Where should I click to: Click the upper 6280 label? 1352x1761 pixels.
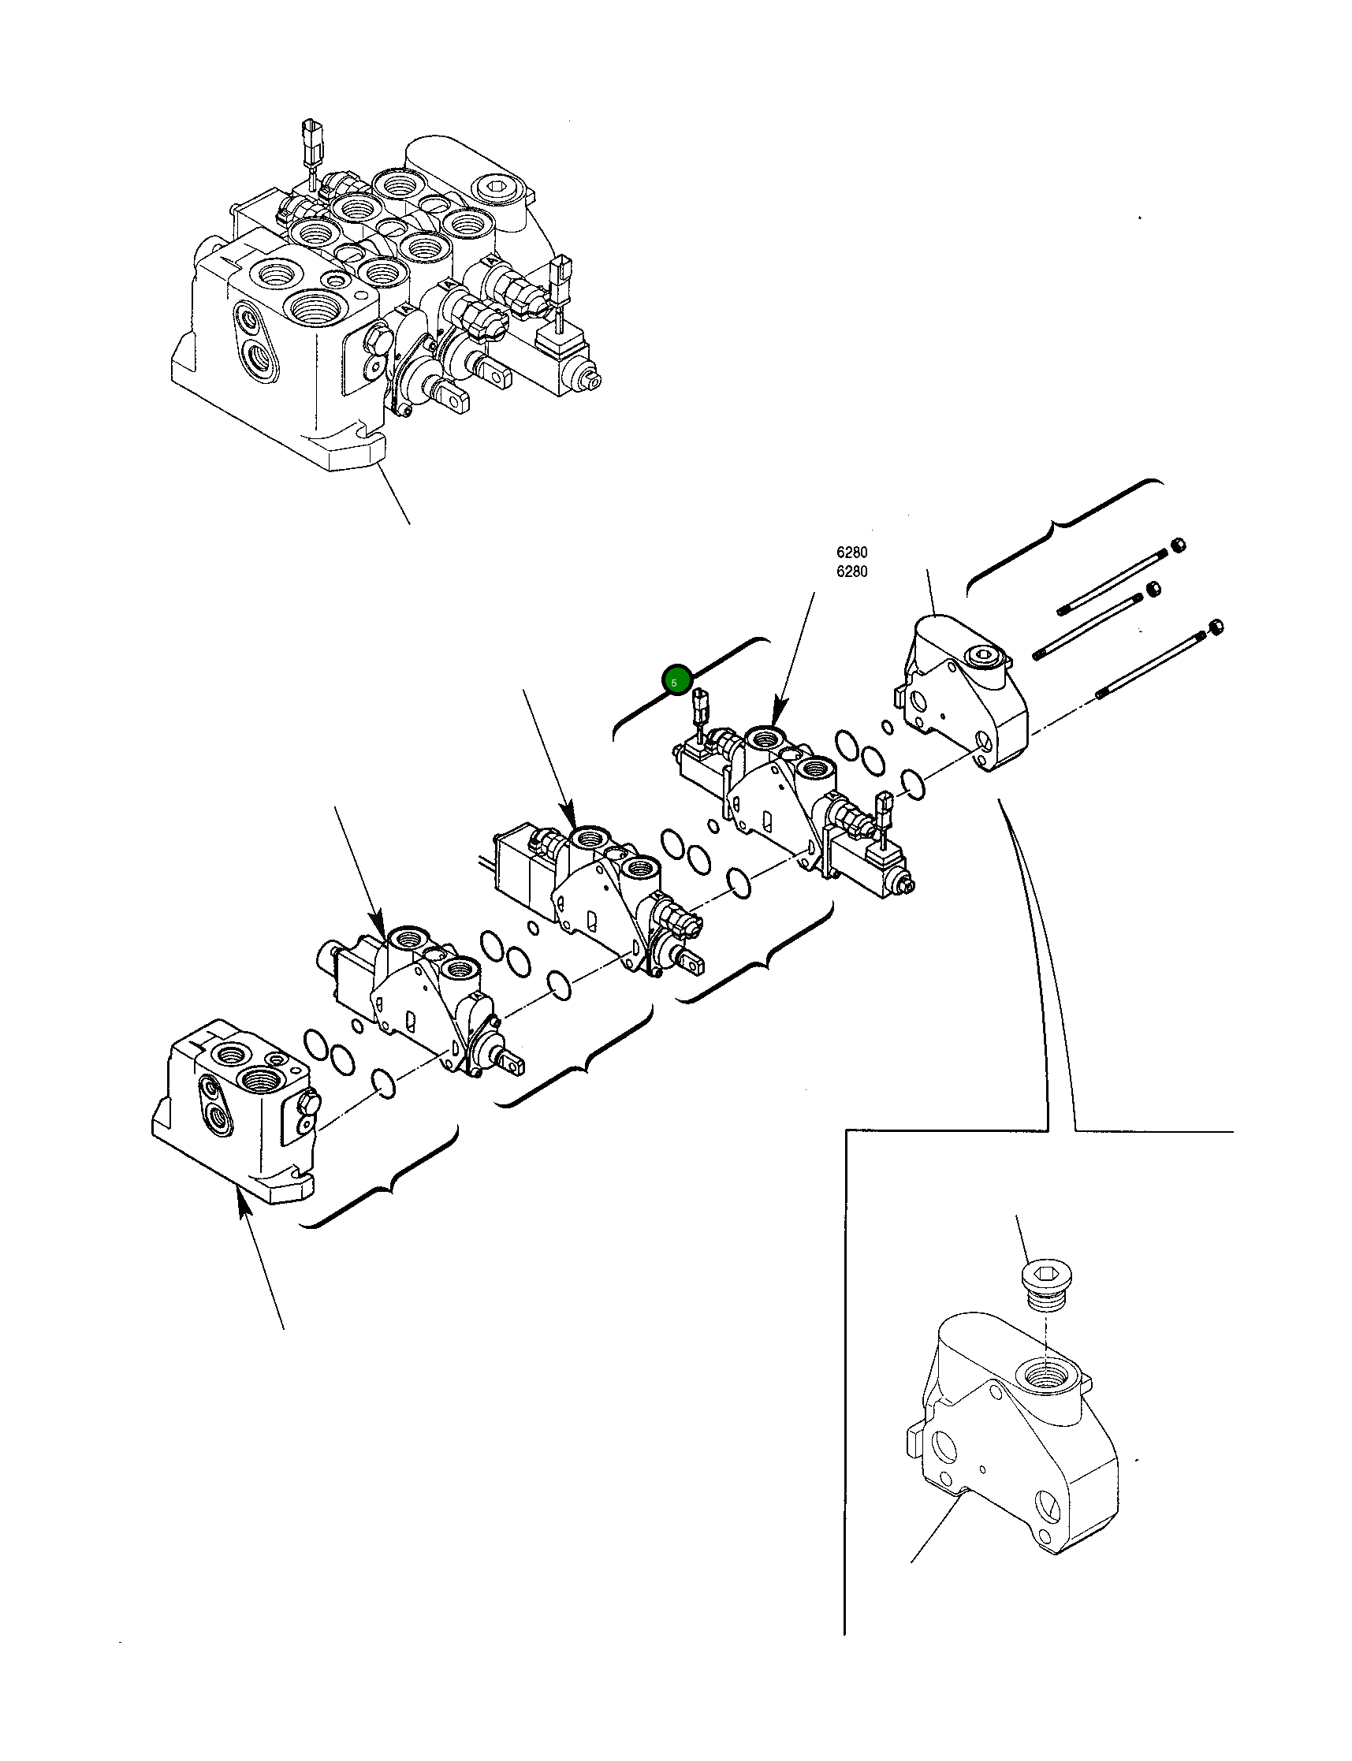(x=851, y=553)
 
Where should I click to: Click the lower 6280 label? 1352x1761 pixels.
(x=851, y=572)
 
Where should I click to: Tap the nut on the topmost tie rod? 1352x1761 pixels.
(x=1177, y=545)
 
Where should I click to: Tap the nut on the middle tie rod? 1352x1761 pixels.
(x=1153, y=589)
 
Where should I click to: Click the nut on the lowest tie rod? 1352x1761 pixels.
(x=1217, y=626)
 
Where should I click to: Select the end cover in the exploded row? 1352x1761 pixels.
(x=966, y=692)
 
